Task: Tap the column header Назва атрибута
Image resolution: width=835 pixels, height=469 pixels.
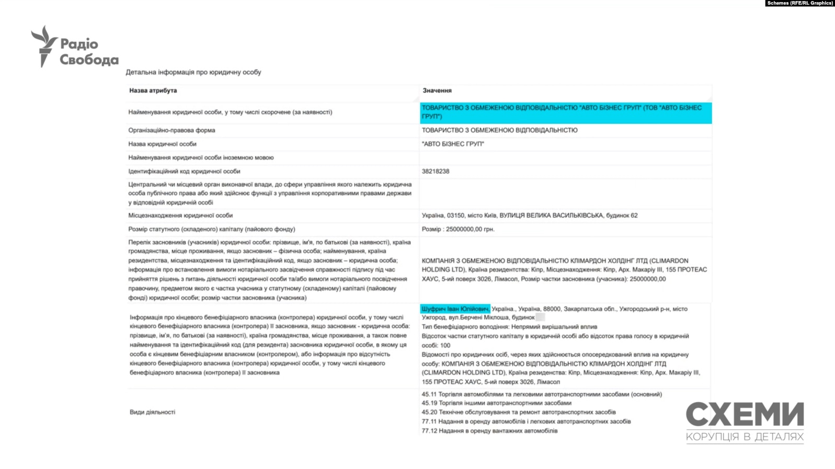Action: pyautogui.click(x=153, y=90)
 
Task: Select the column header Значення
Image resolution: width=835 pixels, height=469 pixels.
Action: pyautogui.click(x=437, y=90)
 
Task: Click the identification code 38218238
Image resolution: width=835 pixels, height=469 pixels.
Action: pyautogui.click(x=436, y=171)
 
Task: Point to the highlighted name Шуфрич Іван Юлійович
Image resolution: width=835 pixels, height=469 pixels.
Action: pyautogui.click(x=455, y=309)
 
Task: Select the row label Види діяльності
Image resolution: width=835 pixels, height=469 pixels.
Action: pyautogui.click(x=152, y=412)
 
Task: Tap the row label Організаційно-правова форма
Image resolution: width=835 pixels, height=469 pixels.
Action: pyautogui.click(x=171, y=130)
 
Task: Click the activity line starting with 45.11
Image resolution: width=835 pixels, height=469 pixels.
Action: pyautogui.click(x=542, y=394)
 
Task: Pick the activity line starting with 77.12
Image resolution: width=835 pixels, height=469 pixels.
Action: pyautogui.click(x=489, y=431)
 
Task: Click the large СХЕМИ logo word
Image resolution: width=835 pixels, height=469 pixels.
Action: pyautogui.click(x=745, y=415)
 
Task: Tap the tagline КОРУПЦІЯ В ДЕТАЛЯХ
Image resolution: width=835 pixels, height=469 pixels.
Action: pyautogui.click(x=745, y=437)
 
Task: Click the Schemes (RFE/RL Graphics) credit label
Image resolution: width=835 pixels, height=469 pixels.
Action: pyautogui.click(x=799, y=3)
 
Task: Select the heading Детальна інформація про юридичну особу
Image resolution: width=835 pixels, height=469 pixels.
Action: pyautogui.click(x=193, y=72)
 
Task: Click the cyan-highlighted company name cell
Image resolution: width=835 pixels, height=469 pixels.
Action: pyautogui.click(x=566, y=112)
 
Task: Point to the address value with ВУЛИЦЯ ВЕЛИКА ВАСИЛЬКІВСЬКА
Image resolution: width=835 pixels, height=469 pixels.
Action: pyautogui.click(x=529, y=215)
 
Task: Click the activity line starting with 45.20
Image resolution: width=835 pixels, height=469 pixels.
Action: pyautogui.click(x=518, y=412)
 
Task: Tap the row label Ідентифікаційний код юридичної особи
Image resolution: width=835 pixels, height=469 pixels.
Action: pyautogui.click(x=184, y=171)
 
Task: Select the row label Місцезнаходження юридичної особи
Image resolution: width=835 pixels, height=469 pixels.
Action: pyautogui.click(x=180, y=215)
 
